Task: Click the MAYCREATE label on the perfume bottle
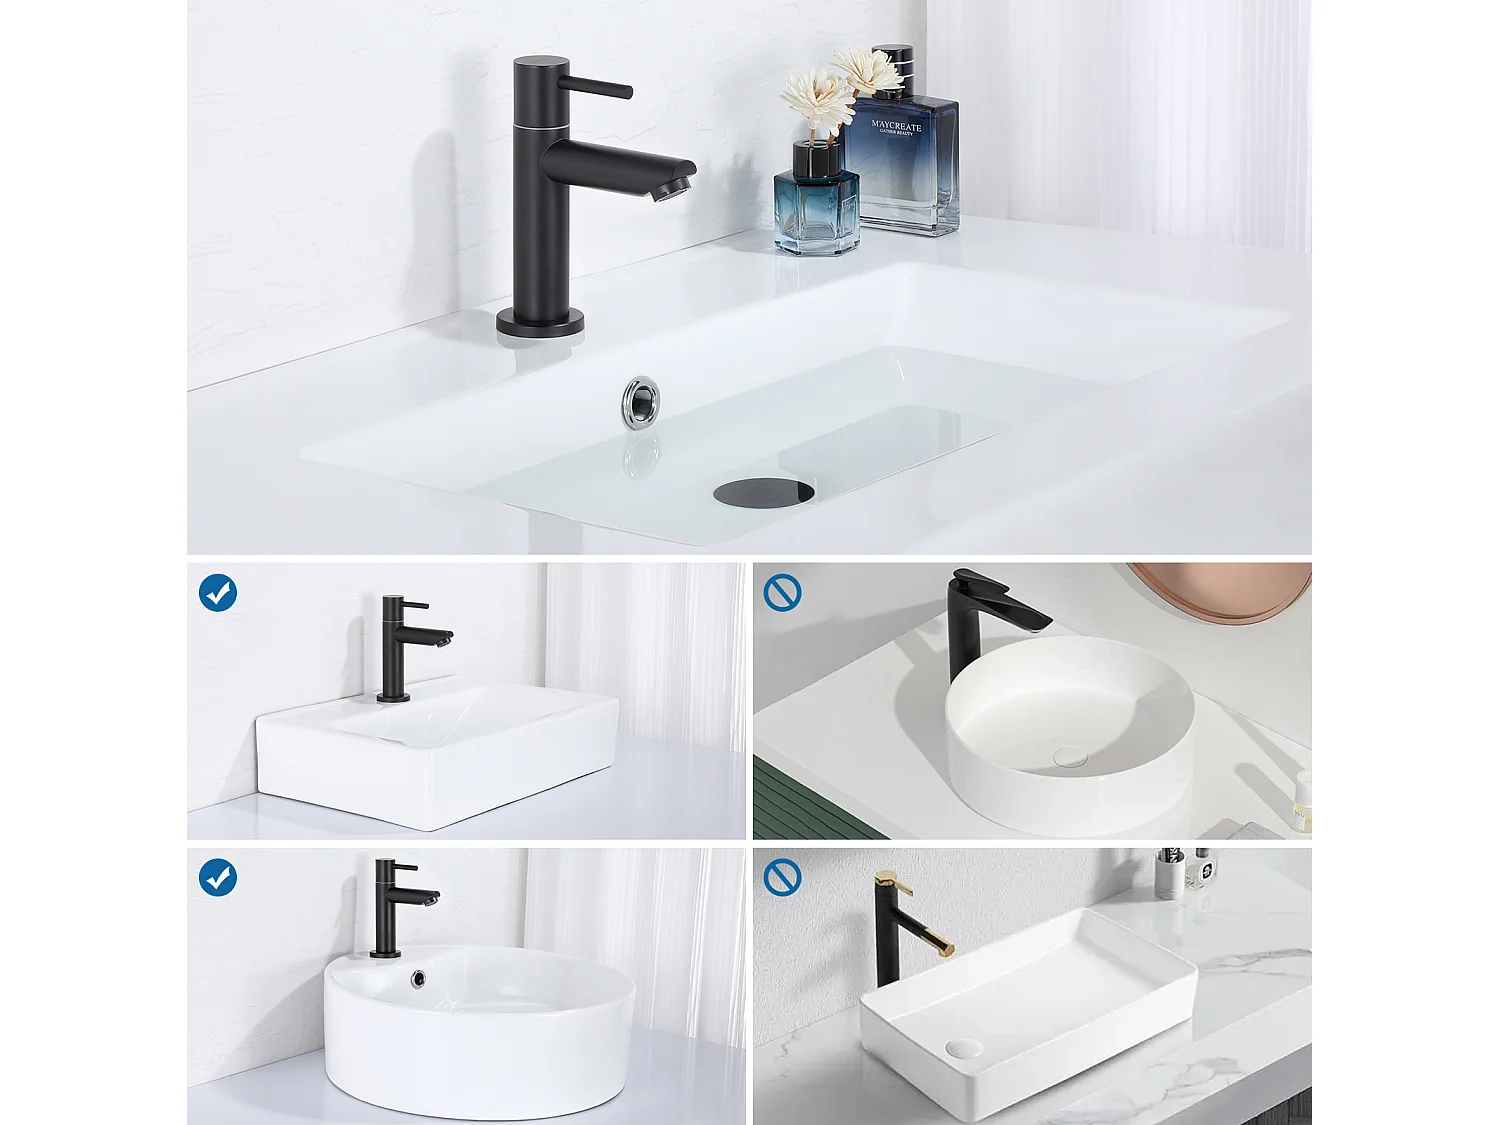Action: [896, 127]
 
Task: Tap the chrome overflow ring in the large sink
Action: [640, 402]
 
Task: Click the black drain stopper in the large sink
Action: [763, 491]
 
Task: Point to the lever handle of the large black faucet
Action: [596, 87]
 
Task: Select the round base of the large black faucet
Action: [540, 324]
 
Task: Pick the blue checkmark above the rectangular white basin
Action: [218, 593]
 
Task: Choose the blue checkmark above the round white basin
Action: [218, 878]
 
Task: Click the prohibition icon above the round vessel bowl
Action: [782, 593]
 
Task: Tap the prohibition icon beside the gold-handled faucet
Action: [782, 878]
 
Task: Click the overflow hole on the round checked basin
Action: [419, 979]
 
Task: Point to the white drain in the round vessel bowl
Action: [1069, 758]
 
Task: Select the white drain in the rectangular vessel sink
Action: [963, 1047]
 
